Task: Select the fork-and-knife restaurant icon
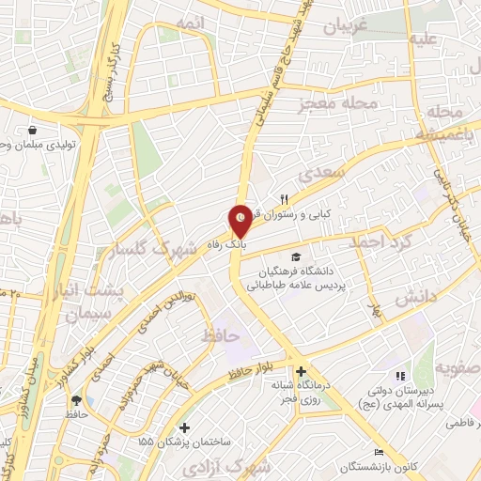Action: (284, 199)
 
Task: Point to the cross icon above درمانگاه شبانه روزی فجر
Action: (301, 371)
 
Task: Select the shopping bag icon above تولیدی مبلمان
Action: (34, 131)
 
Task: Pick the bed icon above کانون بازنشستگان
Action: (380, 451)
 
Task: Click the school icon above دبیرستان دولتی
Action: (401, 376)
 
